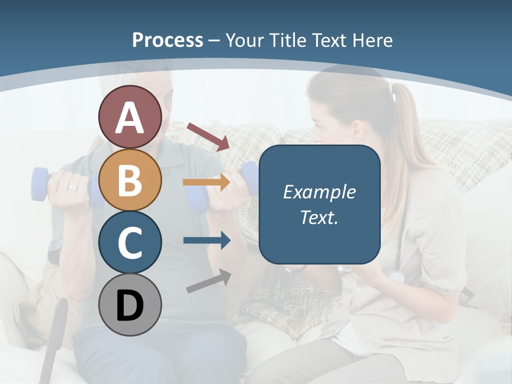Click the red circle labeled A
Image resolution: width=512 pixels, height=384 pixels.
click(x=130, y=117)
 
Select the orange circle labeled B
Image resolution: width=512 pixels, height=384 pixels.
click(x=130, y=180)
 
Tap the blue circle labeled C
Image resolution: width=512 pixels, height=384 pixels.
click(x=130, y=243)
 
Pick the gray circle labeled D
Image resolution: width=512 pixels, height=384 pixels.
click(x=130, y=305)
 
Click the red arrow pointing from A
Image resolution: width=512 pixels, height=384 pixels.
click(x=208, y=136)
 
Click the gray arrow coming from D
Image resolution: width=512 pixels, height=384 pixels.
click(x=209, y=282)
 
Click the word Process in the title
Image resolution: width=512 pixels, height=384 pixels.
click(x=167, y=40)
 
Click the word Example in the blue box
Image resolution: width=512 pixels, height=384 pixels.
click(x=319, y=192)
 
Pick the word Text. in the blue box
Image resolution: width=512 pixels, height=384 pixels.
click(x=319, y=217)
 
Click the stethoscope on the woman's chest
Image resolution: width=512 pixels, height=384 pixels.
click(x=396, y=275)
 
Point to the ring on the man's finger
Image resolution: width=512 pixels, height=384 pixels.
click(x=72, y=187)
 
